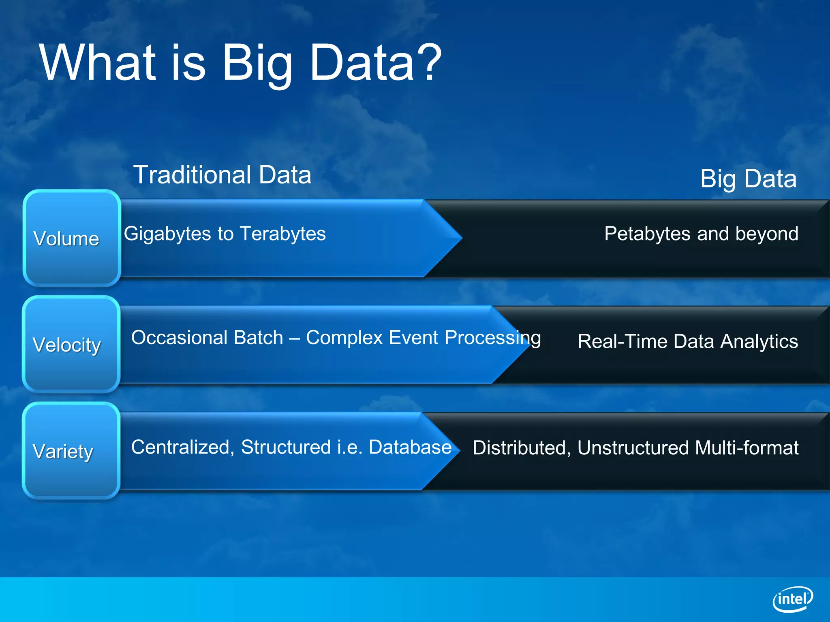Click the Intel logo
pos(792,599)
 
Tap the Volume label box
pos(72,238)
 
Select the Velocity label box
pos(71,345)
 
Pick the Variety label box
pos(71,451)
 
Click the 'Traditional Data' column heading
pos(222,175)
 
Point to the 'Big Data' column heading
pos(748,179)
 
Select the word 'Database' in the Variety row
pos(410,447)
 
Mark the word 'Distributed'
pos(522,448)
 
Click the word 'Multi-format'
pos(747,448)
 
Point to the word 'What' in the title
pos(97,63)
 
